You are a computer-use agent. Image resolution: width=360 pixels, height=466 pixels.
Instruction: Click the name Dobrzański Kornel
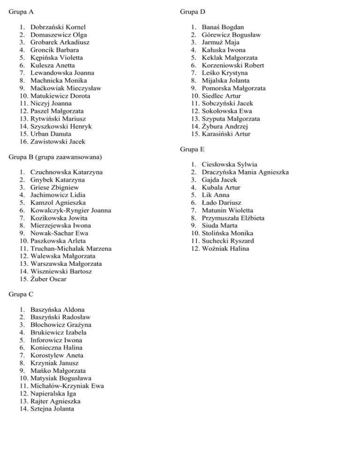pyautogui.click(x=58, y=27)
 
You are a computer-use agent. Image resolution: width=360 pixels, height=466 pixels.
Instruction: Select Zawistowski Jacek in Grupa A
pyautogui.click(x=58, y=141)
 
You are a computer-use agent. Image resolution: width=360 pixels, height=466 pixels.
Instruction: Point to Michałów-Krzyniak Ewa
pyautogui.click(x=67, y=386)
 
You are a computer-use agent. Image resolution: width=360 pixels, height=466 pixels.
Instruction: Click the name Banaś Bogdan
pyautogui.click(x=223, y=27)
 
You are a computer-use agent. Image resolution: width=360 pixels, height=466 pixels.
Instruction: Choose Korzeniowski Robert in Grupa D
pyautogui.click(x=233, y=65)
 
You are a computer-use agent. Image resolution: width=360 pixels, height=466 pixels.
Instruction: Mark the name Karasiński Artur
pyautogui.click(x=226, y=134)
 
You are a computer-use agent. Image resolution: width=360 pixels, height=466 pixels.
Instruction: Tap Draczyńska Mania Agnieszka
pyautogui.click(x=246, y=172)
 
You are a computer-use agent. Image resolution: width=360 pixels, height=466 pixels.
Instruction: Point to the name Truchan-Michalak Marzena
pyautogui.click(x=71, y=248)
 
